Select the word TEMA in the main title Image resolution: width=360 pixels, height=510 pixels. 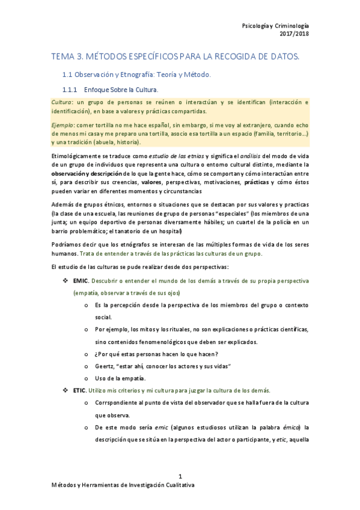63,57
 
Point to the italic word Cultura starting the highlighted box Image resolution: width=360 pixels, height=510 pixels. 63,102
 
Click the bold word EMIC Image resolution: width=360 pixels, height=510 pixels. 81,281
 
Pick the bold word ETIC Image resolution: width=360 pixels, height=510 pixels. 80,390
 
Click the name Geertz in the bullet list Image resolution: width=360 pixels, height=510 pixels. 105,366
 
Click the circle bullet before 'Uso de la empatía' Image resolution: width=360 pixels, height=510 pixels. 88,378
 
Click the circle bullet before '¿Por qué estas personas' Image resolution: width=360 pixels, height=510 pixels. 88,354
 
